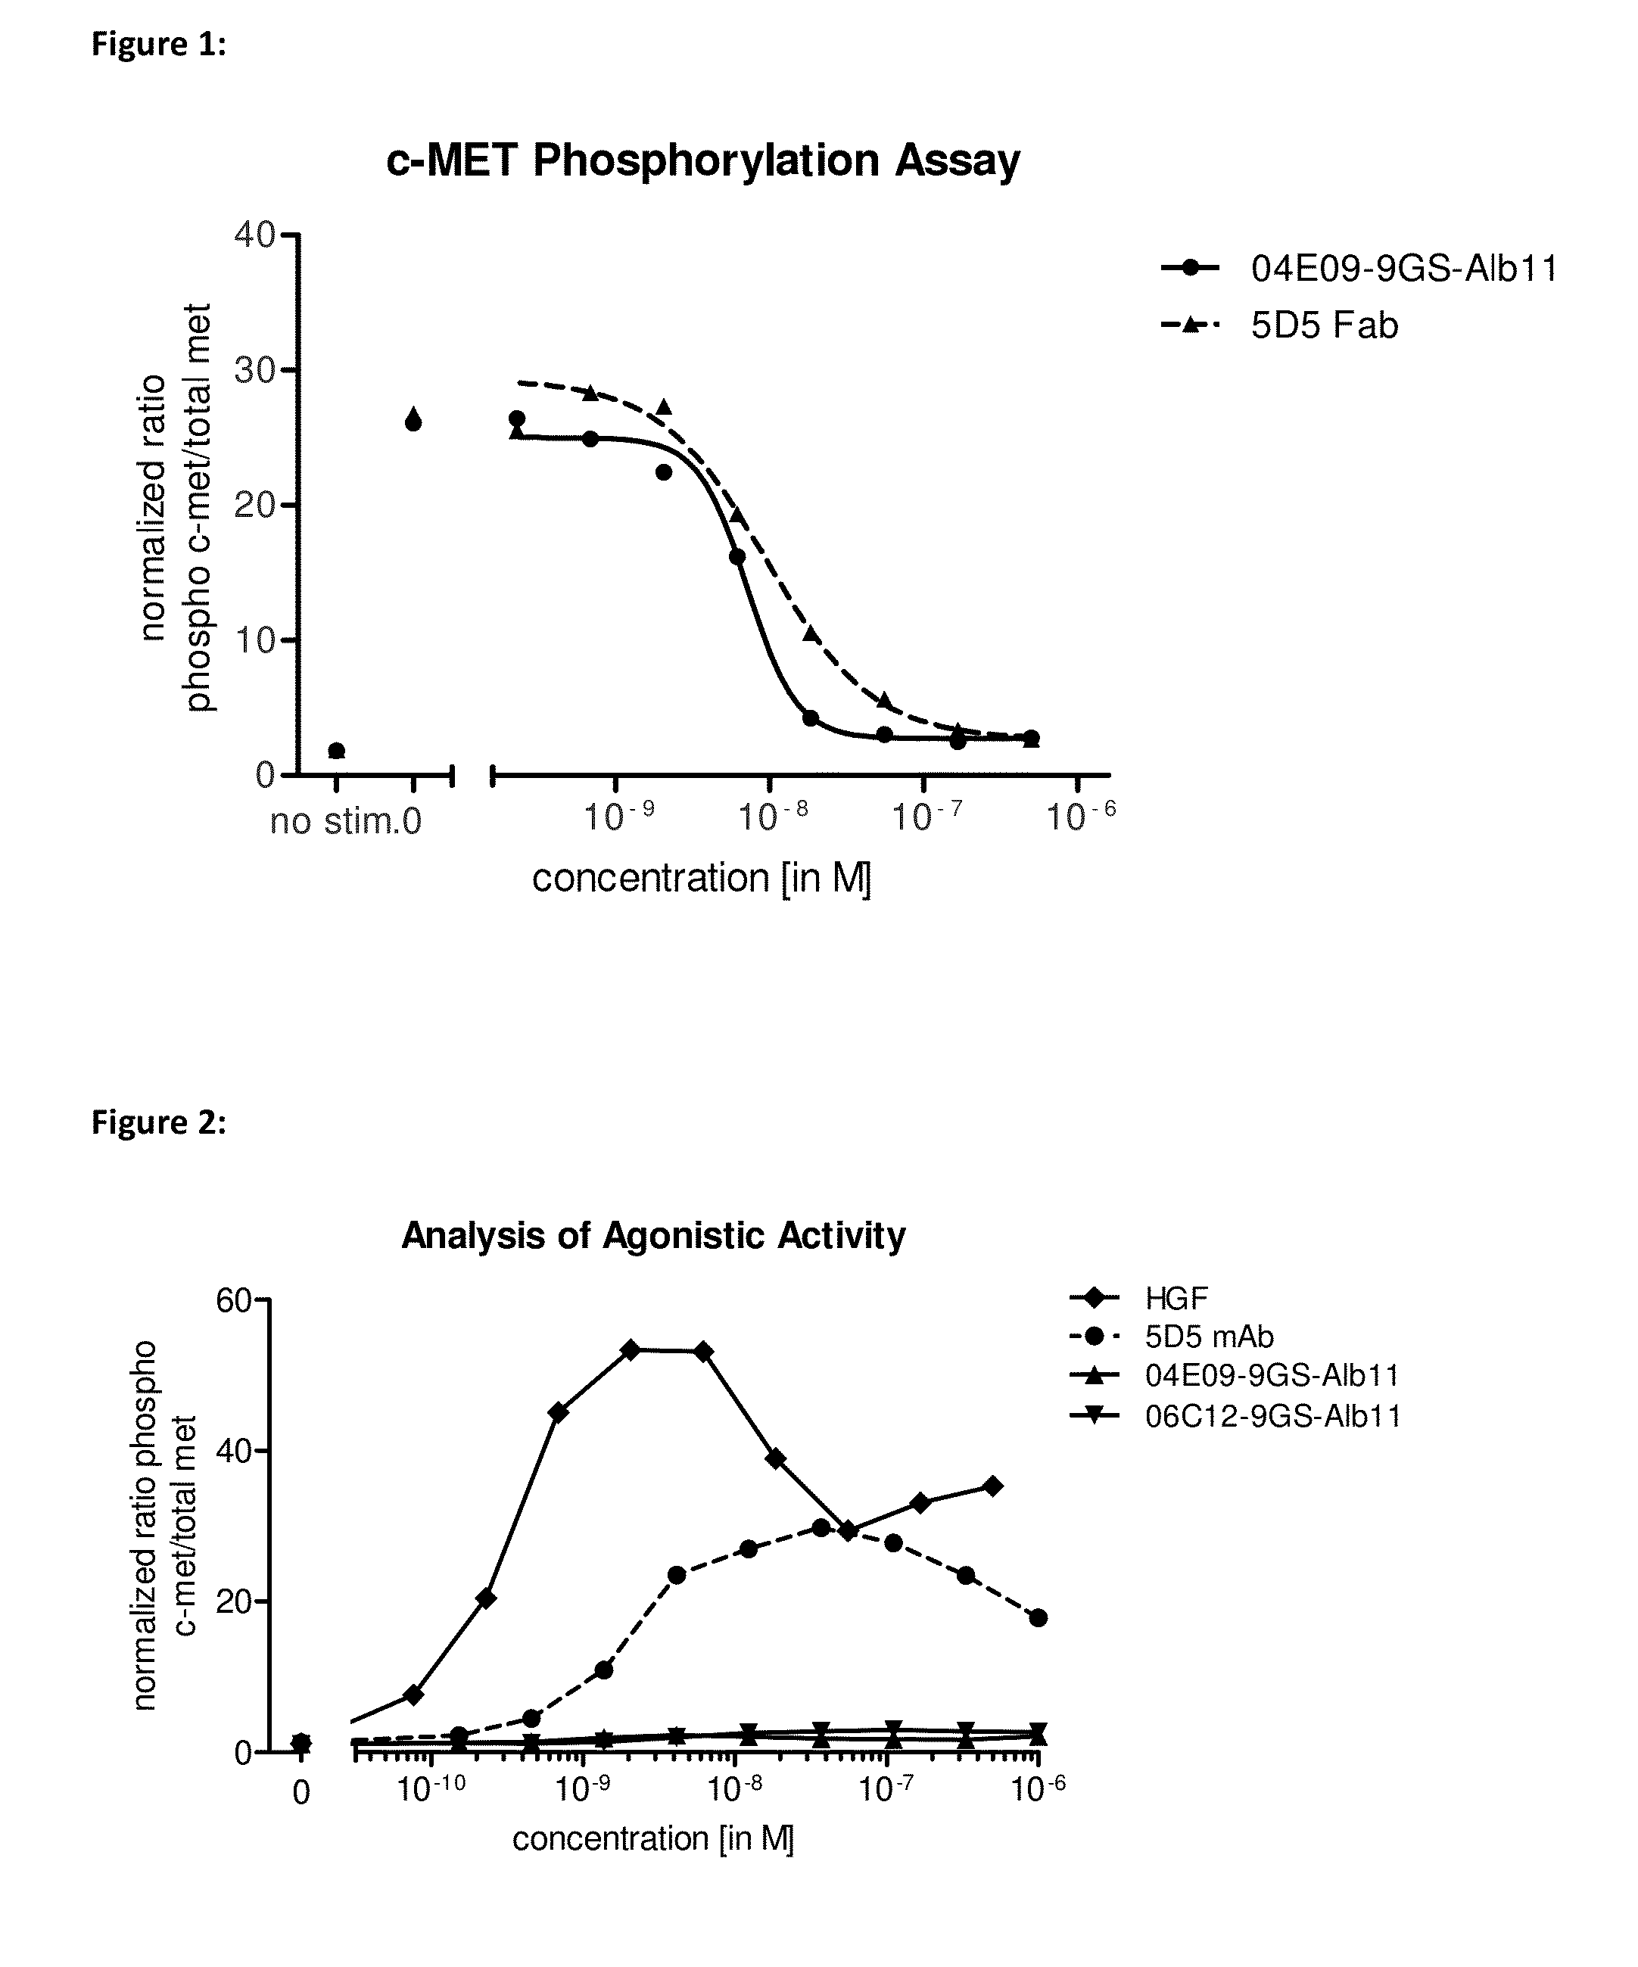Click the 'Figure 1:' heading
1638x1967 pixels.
pos(158,44)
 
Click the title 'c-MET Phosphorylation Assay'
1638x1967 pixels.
pos(702,161)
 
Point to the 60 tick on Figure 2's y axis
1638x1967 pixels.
pos(233,1301)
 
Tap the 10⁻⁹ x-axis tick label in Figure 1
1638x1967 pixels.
pos(618,817)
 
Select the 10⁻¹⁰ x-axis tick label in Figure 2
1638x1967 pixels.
pos(430,1789)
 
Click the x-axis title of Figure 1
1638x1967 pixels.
pos(702,879)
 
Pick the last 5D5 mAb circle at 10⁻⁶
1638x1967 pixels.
pos(1038,1617)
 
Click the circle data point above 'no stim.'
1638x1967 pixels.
pos(336,750)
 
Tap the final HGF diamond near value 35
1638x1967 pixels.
pos(994,1486)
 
